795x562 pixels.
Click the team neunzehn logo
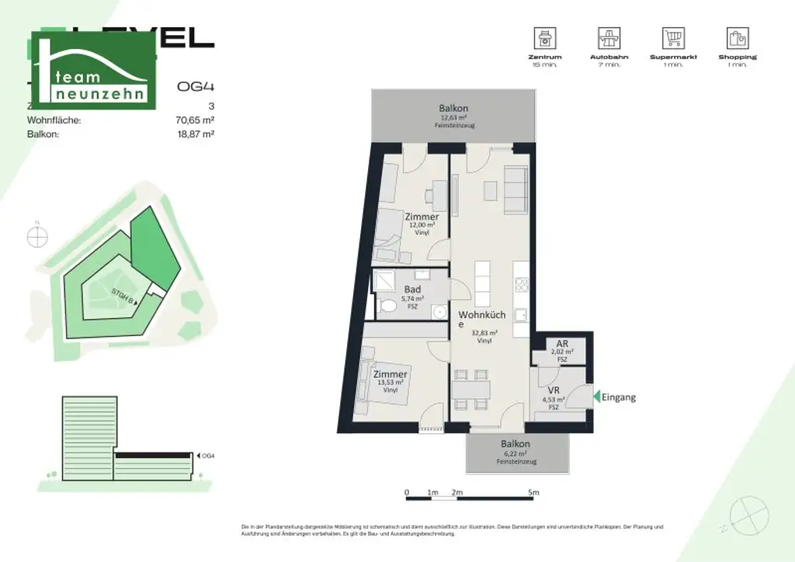[93, 71]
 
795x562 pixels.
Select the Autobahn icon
[608, 37]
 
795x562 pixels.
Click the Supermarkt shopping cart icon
[673, 37]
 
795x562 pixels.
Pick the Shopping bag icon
[738, 37]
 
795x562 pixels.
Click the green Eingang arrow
[595, 397]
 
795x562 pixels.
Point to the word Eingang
[619, 397]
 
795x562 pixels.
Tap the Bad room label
[412, 290]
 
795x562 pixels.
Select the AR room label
[562, 343]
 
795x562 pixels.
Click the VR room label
[554, 390]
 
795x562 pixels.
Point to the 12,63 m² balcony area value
[453, 118]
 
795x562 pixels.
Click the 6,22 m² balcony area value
[516, 453]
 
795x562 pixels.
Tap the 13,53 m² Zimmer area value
[390, 382]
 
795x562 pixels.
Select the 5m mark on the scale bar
[533, 492]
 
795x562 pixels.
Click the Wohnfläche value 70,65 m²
[195, 120]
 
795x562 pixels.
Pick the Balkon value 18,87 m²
[195, 134]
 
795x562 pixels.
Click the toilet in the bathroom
[388, 308]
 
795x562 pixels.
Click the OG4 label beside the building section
[207, 456]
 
